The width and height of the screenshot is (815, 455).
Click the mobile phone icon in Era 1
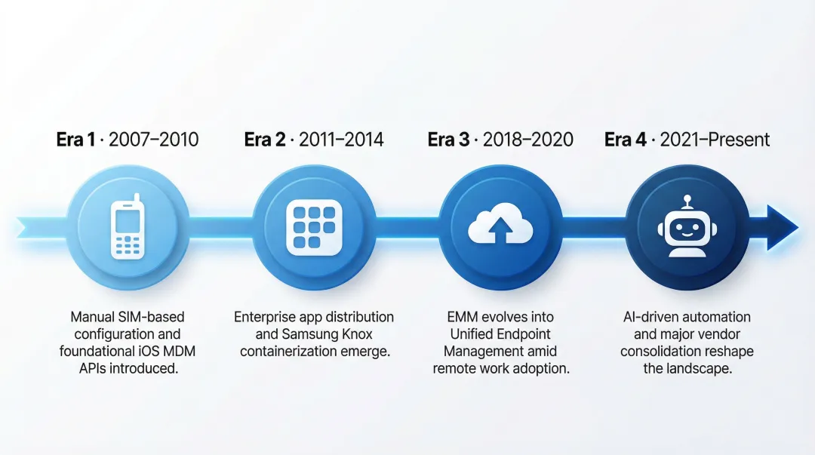click(128, 226)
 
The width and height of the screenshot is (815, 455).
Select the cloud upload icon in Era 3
click(500, 226)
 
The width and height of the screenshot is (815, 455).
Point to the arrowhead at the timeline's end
click(782, 226)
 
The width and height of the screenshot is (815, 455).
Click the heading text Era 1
click(75, 140)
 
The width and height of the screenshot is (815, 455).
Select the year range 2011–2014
click(341, 140)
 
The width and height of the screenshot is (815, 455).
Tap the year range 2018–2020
click(528, 140)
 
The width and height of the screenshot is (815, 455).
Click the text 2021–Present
click(715, 140)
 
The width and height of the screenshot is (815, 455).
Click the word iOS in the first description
click(150, 352)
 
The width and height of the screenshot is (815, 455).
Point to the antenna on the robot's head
click(687, 201)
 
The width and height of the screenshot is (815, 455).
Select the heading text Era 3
click(447, 140)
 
